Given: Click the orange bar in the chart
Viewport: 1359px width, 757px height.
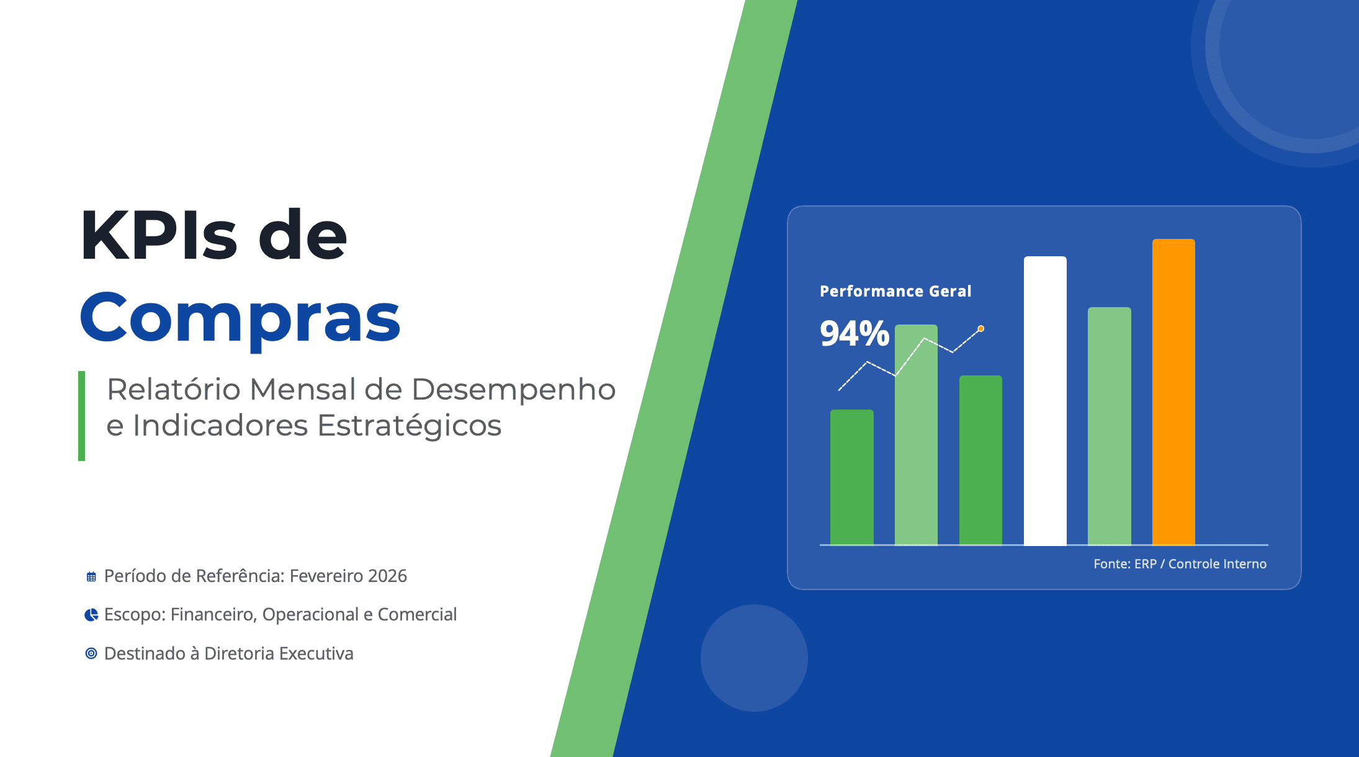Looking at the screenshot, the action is (x=1173, y=392).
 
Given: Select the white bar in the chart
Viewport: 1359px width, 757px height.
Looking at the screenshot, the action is (x=1045, y=401).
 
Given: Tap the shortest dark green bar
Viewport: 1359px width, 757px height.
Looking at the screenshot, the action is (x=852, y=477).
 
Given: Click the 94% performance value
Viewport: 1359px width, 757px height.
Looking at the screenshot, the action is (x=854, y=333).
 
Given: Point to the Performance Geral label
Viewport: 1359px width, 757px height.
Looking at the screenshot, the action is (x=895, y=291).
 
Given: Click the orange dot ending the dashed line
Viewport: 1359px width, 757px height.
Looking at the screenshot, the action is (x=981, y=329).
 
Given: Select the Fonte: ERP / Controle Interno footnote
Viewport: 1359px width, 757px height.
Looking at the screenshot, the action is (x=1180, y=564).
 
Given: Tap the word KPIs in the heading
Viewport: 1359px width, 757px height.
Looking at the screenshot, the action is (x=159, y=235).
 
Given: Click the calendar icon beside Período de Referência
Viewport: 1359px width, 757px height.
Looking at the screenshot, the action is (x=91, y=577).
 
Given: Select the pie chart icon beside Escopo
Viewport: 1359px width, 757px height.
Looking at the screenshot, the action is (x=91, y=615).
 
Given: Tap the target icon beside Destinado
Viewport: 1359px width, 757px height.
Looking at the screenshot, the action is (x=91, y=653).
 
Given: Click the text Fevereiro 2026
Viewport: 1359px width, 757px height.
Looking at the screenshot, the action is (x=348, y=576).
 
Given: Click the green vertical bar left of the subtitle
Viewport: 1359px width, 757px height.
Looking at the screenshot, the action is (x=81, y=416).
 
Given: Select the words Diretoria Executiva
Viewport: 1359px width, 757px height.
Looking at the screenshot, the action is (x=279, y=653).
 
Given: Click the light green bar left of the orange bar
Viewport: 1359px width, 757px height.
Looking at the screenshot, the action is (x=1110, y=426).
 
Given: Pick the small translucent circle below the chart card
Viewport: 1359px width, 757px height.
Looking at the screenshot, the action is (x=754, y=658).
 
